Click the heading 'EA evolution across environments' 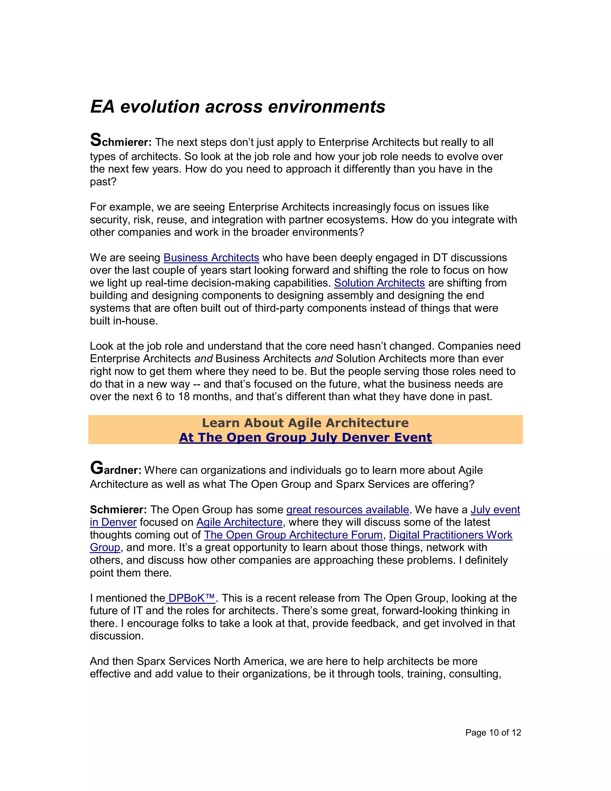pos(237,107)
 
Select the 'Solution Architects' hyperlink pos(379,283)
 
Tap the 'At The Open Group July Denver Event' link pos(305,438)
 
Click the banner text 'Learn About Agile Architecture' pos(305,423)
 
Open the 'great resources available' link pos(348,510)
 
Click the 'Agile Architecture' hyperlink pos(239,522)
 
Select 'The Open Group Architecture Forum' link pos(293,535)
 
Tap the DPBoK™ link pos(192,598)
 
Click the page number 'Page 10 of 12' pos(493,733)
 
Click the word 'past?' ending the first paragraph pos(103,182)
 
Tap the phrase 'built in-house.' pos(124,321)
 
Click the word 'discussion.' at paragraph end pos(117,636)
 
